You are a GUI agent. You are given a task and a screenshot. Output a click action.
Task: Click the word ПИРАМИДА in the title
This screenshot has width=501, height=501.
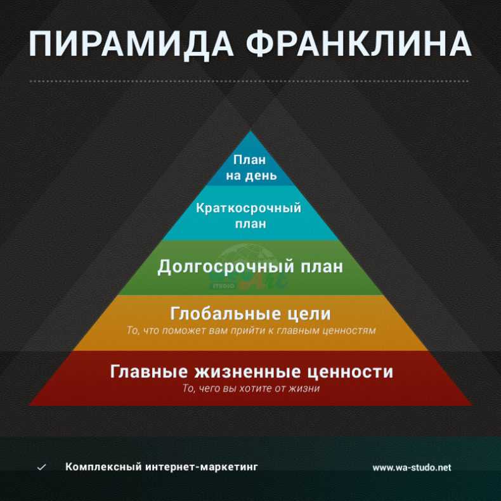[131, 45]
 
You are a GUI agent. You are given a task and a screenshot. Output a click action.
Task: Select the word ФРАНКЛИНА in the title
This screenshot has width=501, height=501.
[359, 44]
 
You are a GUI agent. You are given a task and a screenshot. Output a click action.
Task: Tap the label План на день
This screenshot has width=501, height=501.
[251, 168]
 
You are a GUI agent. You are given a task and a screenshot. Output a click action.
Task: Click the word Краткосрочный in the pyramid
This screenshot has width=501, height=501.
[249, 208]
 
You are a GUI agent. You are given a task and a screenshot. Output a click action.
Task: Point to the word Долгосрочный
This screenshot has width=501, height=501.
[226, 267]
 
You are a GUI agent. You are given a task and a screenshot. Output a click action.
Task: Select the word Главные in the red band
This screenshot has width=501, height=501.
[149, 372]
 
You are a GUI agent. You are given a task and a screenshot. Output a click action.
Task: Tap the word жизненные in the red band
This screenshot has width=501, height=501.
[248, 372]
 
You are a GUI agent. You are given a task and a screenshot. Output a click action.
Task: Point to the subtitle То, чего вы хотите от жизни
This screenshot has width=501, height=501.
[251, 389]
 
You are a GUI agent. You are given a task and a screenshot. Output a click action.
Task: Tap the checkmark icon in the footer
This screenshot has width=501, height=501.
[41, 467]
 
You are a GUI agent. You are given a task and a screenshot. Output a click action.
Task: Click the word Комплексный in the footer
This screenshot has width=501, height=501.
[103, 467]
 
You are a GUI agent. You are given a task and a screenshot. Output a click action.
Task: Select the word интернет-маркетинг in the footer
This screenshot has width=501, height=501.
[202, 467]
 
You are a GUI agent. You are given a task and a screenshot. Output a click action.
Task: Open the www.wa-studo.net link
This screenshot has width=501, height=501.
[412, 468]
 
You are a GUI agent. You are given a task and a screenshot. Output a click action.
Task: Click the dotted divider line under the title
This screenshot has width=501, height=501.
[249, 81]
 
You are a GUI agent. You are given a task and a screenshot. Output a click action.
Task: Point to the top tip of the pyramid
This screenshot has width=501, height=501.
[251, 131]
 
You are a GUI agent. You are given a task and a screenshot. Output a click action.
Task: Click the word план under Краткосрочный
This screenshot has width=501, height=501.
[251, 224]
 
